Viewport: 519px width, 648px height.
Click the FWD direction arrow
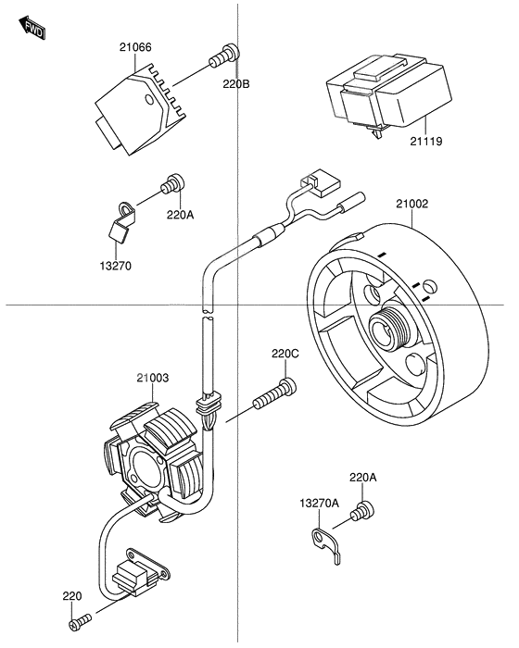tap(32, 28)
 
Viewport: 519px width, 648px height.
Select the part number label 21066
tap(135, 47)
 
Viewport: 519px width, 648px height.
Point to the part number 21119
tap(426, 142)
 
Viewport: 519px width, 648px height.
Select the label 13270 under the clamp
tap(116, 266)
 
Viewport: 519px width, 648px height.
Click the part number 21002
tap(412, 204)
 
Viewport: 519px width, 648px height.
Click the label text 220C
tap(285, 354)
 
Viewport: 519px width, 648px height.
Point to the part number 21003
tap(153, 378)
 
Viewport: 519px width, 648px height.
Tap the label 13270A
tap(320, 503)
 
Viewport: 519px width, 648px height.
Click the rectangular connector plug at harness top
tap(322, 182)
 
